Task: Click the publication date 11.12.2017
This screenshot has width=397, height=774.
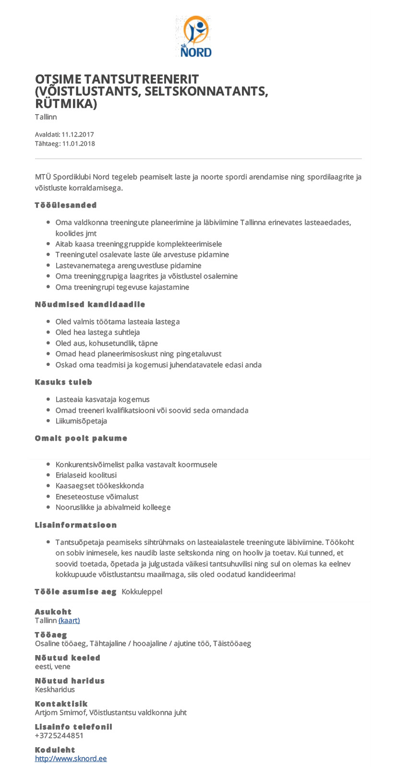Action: [x=78, y=135]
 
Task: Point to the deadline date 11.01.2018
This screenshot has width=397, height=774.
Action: [x=78, y=144]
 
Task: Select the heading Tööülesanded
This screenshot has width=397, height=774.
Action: [x=66, y=205]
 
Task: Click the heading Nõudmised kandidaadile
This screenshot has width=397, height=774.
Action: [x=90, y=305]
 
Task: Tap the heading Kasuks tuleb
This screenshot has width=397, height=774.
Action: [x=63, y=382]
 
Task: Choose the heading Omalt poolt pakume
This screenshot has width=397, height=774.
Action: [x=81, y=438]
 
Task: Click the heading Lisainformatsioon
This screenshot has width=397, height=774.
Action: [x=76, y=525]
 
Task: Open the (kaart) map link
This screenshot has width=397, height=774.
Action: [x=69, y=621]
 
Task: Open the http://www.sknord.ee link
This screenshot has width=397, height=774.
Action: [x=71, y=759]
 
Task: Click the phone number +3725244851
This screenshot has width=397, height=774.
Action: [x=59, y=736]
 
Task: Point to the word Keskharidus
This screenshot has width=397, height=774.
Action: [x=55, y=690]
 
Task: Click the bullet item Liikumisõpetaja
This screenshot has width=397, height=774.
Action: [x=81, y=421]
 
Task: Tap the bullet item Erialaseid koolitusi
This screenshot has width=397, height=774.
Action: [x=86, y=475]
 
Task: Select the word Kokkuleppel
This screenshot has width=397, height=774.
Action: [x=142, y=592]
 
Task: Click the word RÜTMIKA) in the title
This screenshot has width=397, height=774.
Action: [x=66, y=104]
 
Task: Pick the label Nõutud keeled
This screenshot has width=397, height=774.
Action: [x=68, y=658]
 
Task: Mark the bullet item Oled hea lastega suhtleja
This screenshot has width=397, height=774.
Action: [x=97, y=332]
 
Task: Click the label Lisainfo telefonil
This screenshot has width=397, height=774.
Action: [x=73, y=727]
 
